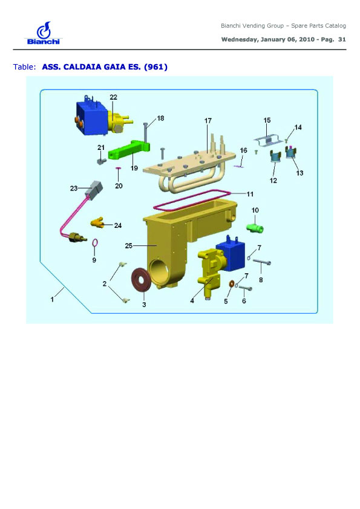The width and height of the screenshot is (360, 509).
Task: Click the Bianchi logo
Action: pos(43,33)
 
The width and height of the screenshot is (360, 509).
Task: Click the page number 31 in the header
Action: pos(342,39)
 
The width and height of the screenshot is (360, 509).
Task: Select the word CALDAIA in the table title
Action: pos(82,67)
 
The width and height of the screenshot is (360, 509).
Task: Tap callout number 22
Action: pos(113,97)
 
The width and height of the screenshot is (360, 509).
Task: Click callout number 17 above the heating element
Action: pos(208,121)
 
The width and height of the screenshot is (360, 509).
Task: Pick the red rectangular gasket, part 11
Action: pos(192,199)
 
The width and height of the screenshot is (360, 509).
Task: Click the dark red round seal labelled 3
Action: pos(140,280)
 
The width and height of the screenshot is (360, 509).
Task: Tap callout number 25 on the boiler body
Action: pos(129,246)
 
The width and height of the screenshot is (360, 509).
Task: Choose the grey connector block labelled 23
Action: pos(94,189)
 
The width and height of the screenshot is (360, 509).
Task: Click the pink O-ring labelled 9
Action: pos(95,242)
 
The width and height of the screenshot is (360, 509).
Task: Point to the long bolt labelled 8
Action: pos(261,262)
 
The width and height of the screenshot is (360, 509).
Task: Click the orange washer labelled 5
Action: pos(231,284)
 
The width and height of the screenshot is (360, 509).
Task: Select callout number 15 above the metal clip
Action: pos(267,120)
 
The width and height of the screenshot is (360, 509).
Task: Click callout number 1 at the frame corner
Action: pos(52,299)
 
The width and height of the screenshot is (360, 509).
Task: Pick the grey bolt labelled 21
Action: pos(102,160)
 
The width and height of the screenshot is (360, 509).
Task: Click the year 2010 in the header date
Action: pos(306,39)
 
